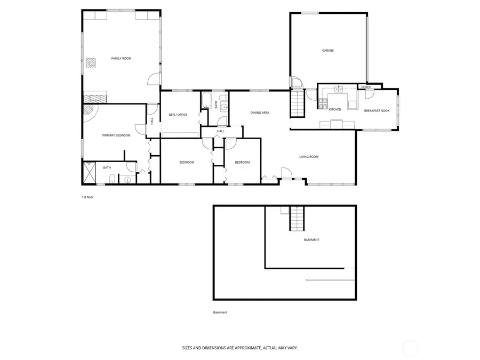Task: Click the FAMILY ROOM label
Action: pyautogui.click(x=121, y=58)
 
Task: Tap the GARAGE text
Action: pyautogui.click(x=327, y=51)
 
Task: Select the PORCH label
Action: pyautogui.click(x=366, y=87)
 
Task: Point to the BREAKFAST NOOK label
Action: pyautogui.click(x=377, y=110)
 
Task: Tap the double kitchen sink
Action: pyautogui.click(x=339, y=89)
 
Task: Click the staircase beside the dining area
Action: pyautogui.click(x=297, y=103)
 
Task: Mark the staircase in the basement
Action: pyautogui.click(x=297, y=219)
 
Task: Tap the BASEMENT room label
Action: pyautogui.click(x=311, y=240)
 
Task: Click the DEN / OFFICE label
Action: pyautogui.click(x=178, y=115)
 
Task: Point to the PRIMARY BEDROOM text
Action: pyautogui.click(x=116, y=135)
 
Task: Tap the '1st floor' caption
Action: pyautogui.click(x=87, y=197)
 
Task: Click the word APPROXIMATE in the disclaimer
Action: pyautogui.click(x=242, y=347)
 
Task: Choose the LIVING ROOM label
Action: pyautogui.click(x=309, y=157)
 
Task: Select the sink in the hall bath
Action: pyautogui.click(x=225, y=107)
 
